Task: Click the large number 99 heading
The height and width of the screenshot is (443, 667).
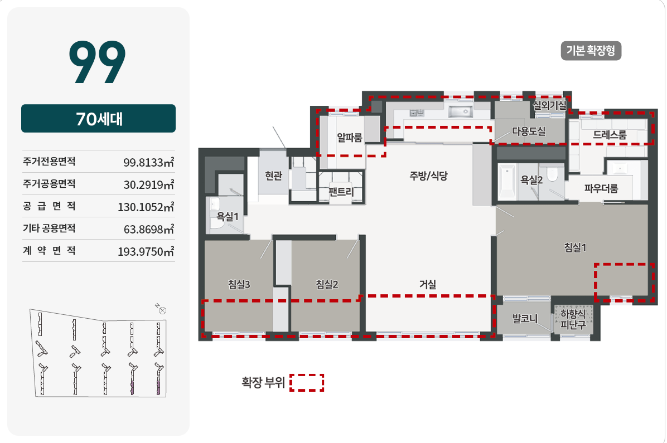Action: [x=98, y=62]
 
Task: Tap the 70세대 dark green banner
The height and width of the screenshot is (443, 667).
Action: [x=98, y=119]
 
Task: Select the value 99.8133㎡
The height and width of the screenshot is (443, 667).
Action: [x=149, y=162]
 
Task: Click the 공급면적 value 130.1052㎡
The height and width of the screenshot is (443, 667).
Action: [x=146, y=207]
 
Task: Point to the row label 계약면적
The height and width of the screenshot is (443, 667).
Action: [x=49, y=250]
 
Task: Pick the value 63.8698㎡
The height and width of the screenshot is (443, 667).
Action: [x=149, y=230]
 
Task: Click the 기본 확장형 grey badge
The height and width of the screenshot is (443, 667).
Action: [x=591, y=51]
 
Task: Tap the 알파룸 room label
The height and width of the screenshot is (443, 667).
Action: [x=349, y=137]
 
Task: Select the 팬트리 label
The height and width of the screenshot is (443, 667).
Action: [x=341, y=192]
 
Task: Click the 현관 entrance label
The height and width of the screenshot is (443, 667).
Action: [x=273, y=176]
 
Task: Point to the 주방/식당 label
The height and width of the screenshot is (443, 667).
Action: [x=428, y=176]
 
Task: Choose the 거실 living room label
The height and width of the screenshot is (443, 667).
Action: [x=428, y=284]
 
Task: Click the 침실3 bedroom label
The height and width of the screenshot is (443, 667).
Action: [x=239, y=284]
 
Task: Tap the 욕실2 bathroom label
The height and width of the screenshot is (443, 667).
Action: [x=531, y=180]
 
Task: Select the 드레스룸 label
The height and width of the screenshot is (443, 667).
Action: [x=610, y=135]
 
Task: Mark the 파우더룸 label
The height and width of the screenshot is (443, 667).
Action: [x=601, y=188]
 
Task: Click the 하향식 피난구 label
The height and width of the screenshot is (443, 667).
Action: [x=573, y=319]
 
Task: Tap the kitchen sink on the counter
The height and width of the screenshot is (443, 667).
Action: [x=460, y=112]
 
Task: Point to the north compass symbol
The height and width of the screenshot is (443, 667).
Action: [x=162, y=310]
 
